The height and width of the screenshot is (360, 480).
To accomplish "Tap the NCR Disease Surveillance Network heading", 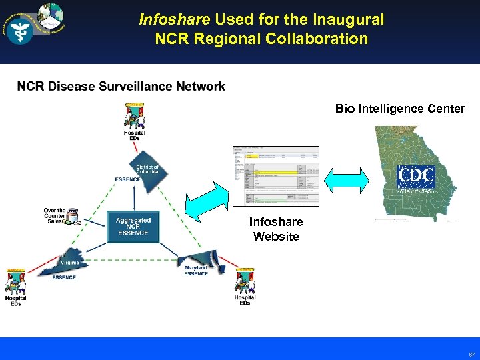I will pyautogui.click(x=121, y=87).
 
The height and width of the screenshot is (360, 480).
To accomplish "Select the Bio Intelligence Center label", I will pyautogui.click(x=400, y=109).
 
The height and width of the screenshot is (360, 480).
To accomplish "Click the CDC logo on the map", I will pyautogui.click(x=415, y=177).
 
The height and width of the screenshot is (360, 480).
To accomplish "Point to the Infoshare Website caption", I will pyautogui.click(x=276, y=229).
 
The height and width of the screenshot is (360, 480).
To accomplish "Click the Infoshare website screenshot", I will pyautogui.click(x=275, y=176).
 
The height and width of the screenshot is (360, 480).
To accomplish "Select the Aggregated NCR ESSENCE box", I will pyautogui.click(x=133, y=227).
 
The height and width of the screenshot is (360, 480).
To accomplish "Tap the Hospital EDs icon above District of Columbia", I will pyautogui.click(x=135, y=118).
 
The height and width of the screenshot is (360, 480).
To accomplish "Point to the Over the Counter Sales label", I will pyautogui.click(x=55, y=215).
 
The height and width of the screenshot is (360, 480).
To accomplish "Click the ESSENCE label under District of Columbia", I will pyautogui.click(x=127, y=179).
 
